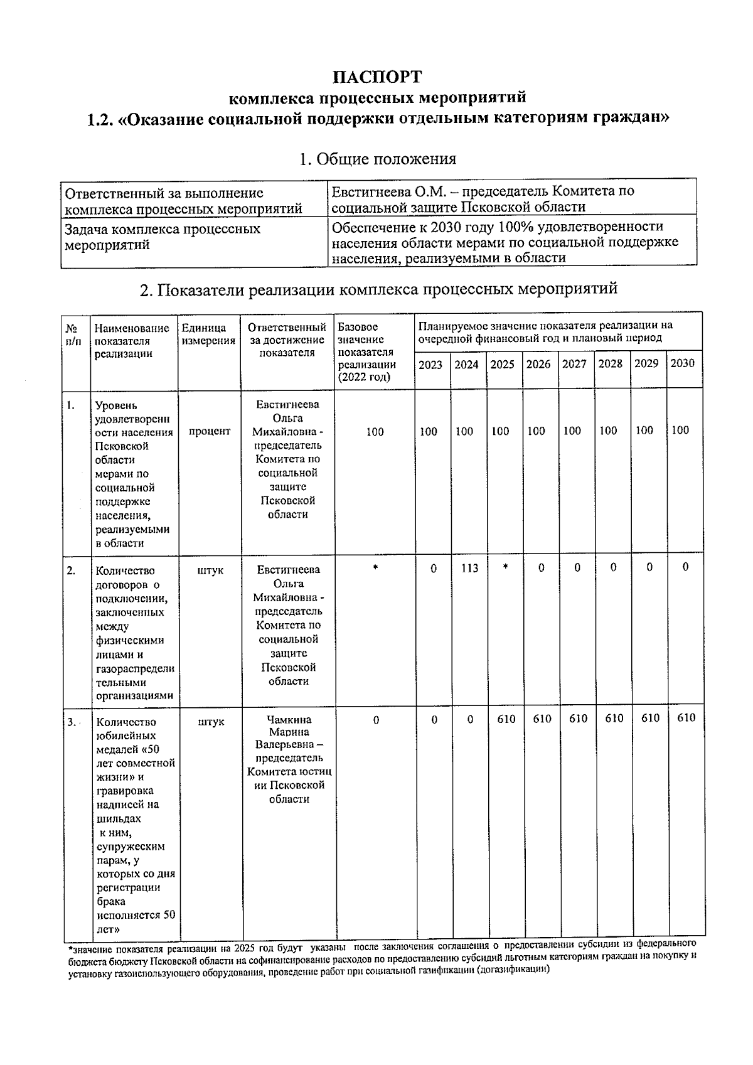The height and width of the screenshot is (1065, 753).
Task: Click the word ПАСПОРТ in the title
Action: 377,77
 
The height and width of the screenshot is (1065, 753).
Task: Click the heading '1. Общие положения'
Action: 377,159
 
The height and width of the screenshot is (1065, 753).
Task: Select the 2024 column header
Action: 466,365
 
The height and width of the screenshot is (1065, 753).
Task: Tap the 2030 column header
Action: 683,363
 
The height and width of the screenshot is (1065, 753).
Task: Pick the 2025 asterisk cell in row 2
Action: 505,567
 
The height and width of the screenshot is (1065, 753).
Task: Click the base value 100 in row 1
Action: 375,432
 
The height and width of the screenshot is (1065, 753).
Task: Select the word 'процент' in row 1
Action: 210,432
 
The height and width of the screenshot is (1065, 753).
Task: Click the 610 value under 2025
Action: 506,719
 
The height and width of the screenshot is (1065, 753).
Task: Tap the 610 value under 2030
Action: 686,718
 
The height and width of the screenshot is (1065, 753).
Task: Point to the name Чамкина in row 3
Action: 289,719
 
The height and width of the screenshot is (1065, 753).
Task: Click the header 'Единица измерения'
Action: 209,334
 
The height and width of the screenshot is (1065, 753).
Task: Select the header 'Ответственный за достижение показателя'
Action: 287,340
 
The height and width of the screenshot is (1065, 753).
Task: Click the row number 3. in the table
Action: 73,722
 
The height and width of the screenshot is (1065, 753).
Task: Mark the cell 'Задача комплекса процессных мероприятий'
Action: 163,237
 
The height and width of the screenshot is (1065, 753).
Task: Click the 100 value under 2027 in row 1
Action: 572,431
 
